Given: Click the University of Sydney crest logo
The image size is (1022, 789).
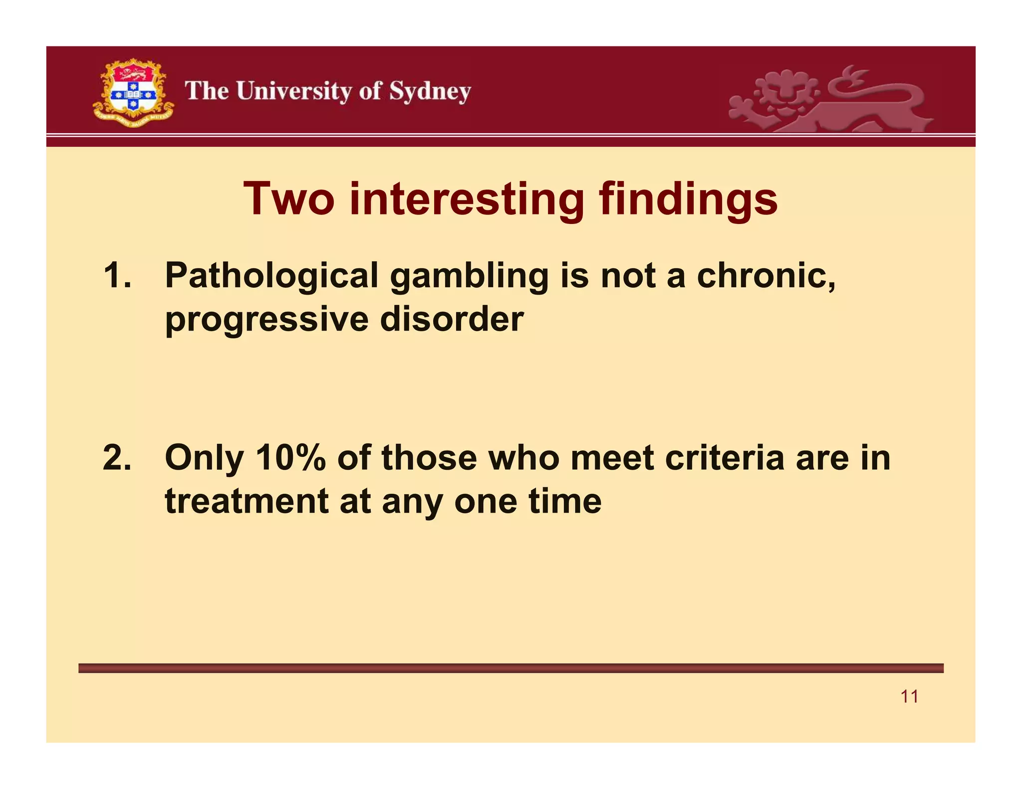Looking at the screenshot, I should (x=134, y=93).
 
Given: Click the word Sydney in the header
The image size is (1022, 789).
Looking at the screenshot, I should (x=430, y=92).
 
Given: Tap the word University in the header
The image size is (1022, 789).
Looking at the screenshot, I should (x=294, y=91).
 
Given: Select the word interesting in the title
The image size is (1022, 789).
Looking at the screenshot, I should (x=467, y=199).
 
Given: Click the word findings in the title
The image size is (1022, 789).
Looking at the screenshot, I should (x=688, y=199).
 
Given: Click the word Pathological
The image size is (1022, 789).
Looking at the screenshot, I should (x=271, y=276).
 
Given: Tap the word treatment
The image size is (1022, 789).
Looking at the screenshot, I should (x=247, y=501).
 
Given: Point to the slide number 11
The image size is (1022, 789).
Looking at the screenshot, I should (x=909, y=696).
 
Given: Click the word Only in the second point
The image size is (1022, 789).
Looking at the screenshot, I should (x=204, y=458).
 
